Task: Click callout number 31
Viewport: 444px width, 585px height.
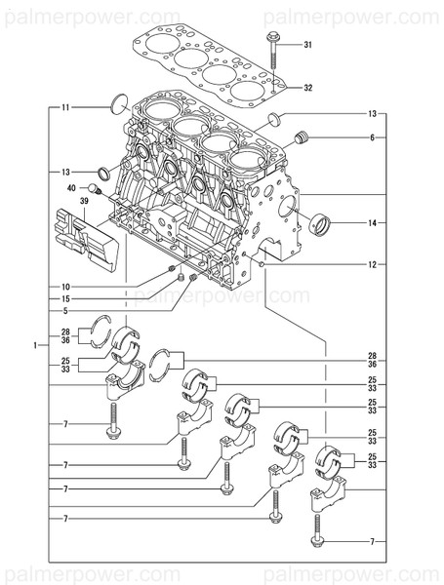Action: coord(307,45)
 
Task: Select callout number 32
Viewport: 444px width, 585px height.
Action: coord(307,88)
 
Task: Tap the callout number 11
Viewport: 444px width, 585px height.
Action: coord(65,105)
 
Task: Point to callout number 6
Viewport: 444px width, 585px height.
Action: coord(372,138)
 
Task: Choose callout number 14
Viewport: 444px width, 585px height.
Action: coord(372,223)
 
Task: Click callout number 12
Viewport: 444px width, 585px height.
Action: coord(372,264)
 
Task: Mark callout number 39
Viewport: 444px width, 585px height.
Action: coord(84,201)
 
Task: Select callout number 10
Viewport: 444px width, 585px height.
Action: coord(65,286)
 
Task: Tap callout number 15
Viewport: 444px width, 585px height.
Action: coord(65,298)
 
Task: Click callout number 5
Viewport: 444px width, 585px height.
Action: coord(65,311)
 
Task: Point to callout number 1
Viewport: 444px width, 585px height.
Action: coord(35,345)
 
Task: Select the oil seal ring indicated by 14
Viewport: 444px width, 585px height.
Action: coord(321,225)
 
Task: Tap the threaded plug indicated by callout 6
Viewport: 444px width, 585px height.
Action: coord(302,136)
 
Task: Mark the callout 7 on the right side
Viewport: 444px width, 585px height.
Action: coord(372,540)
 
